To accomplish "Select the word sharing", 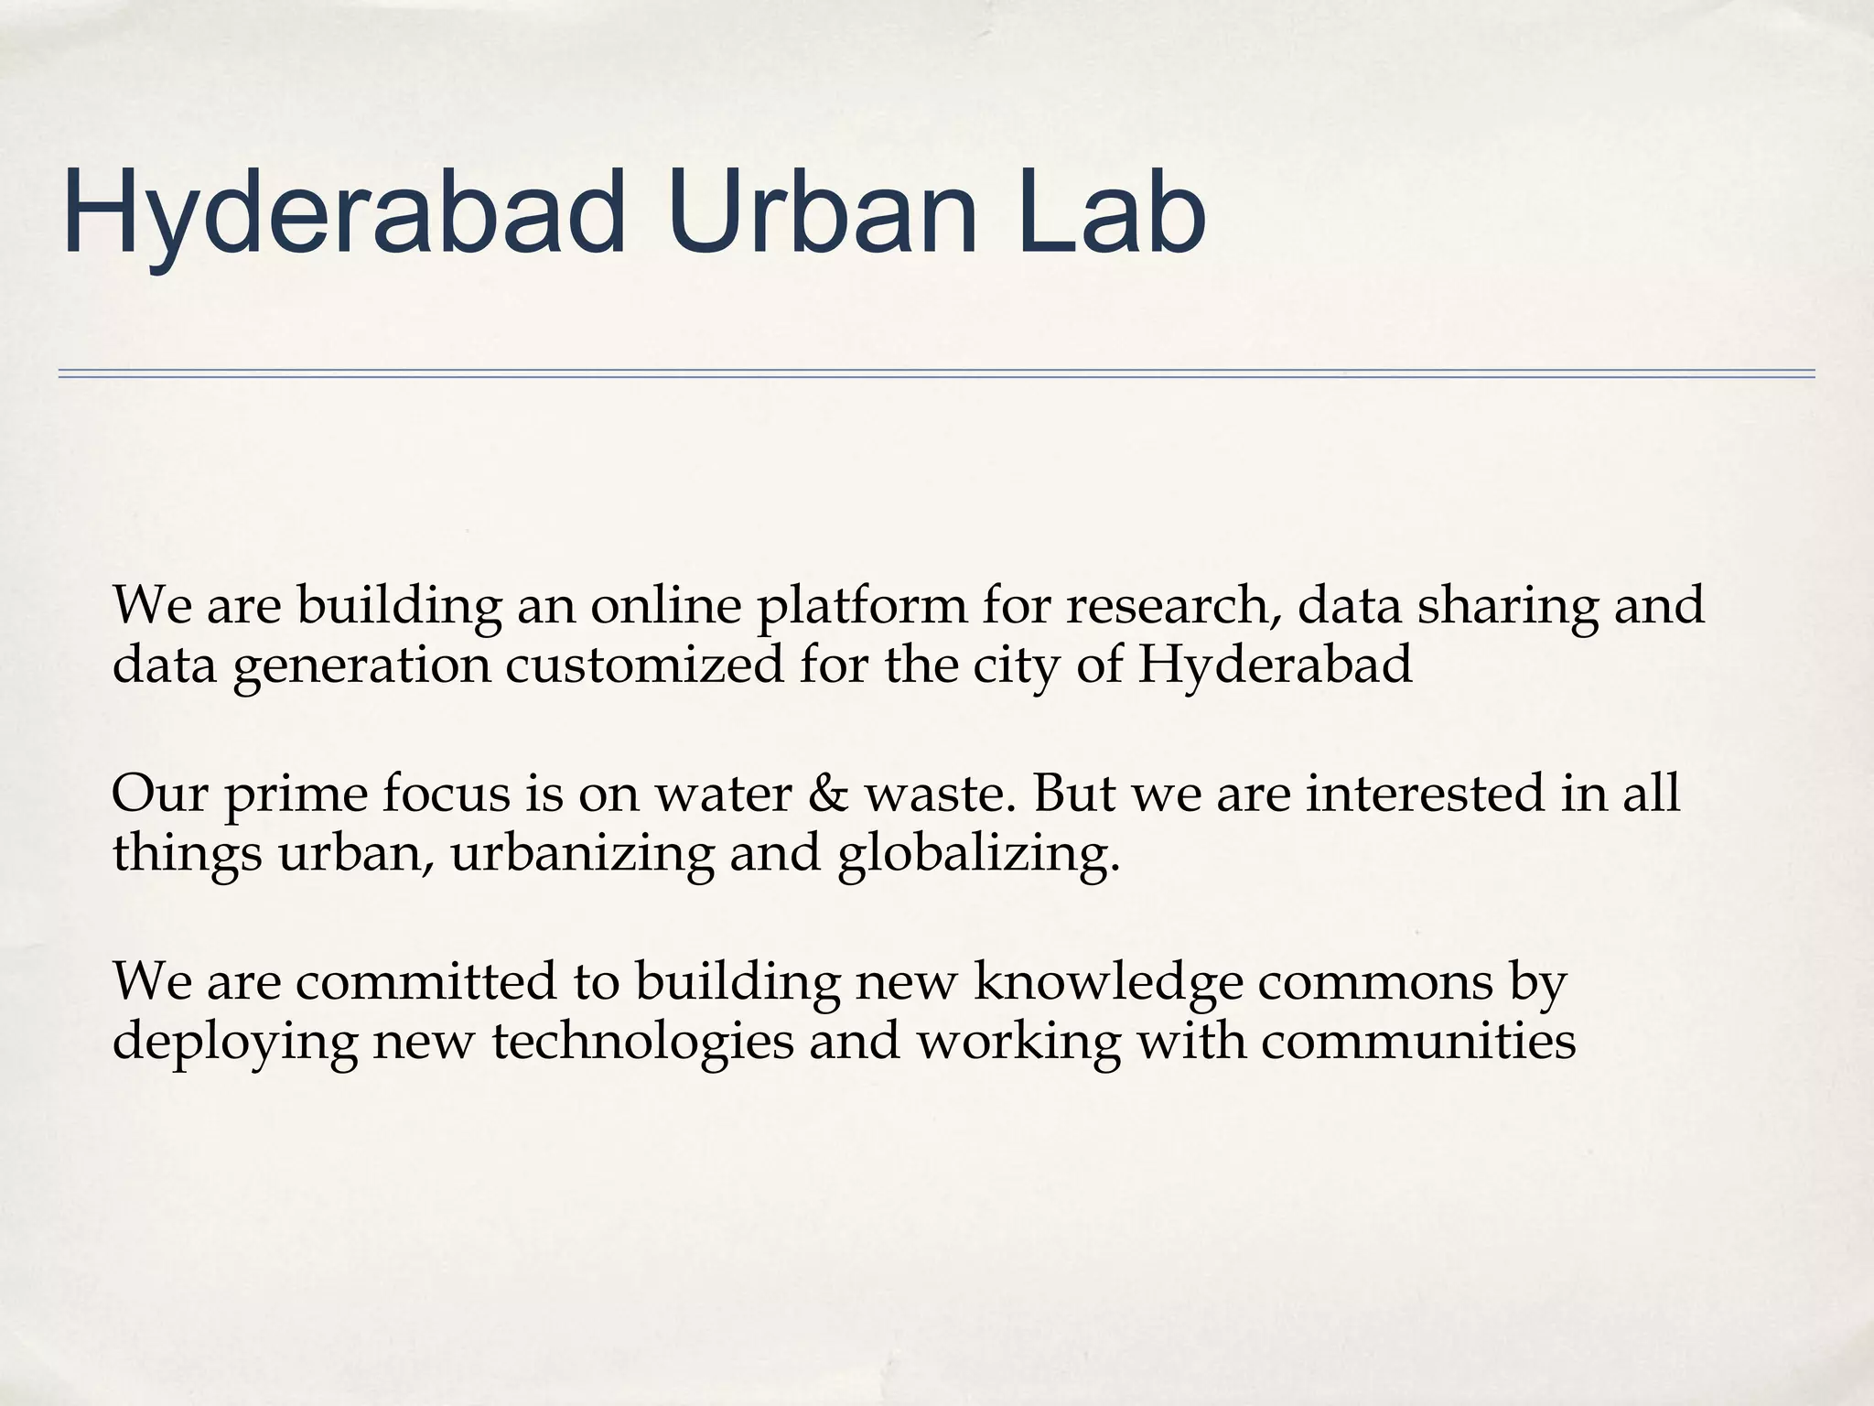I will click(1507, 607).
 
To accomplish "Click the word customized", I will click(644, 665).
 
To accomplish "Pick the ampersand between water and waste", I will click(828, 793).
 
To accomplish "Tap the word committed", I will click(426, 980).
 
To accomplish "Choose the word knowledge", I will click(1108, 982).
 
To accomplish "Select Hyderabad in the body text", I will click(1276, 666).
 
